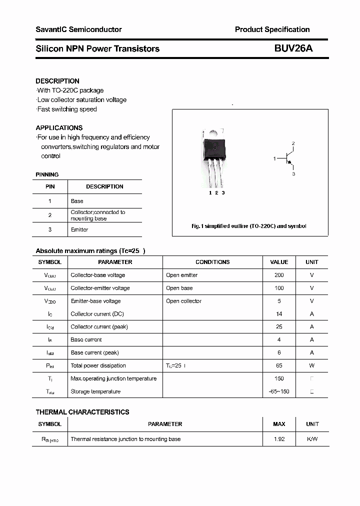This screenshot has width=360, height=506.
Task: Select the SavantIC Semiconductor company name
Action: coord(78,29)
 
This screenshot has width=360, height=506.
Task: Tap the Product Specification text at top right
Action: coord(272,29)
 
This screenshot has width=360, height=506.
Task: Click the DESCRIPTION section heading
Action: coord(57,81)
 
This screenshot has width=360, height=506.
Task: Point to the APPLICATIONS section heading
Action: coord(59,127)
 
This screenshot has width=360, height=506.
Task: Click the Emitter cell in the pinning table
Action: coord(79,229)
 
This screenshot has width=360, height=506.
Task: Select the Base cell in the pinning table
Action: coord(77,201)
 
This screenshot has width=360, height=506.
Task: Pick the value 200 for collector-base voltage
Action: coord(279,275)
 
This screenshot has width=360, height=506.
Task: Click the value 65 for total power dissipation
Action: coord(279,365)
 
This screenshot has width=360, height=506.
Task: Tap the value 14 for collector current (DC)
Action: coord(279,314)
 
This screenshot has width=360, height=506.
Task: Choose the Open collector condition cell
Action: coord(183,301)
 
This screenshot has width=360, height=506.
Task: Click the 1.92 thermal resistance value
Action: coord(279,439)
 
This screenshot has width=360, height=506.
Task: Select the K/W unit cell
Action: coord(312,439)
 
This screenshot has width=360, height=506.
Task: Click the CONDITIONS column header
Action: coord(212,262)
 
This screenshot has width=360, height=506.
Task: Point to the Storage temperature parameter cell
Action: coord(95,391)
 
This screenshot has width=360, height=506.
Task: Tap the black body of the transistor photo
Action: coord(214,148)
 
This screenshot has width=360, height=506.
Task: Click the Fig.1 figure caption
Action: coord(249,226)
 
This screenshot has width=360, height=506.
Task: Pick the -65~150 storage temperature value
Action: coord(279,391)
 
